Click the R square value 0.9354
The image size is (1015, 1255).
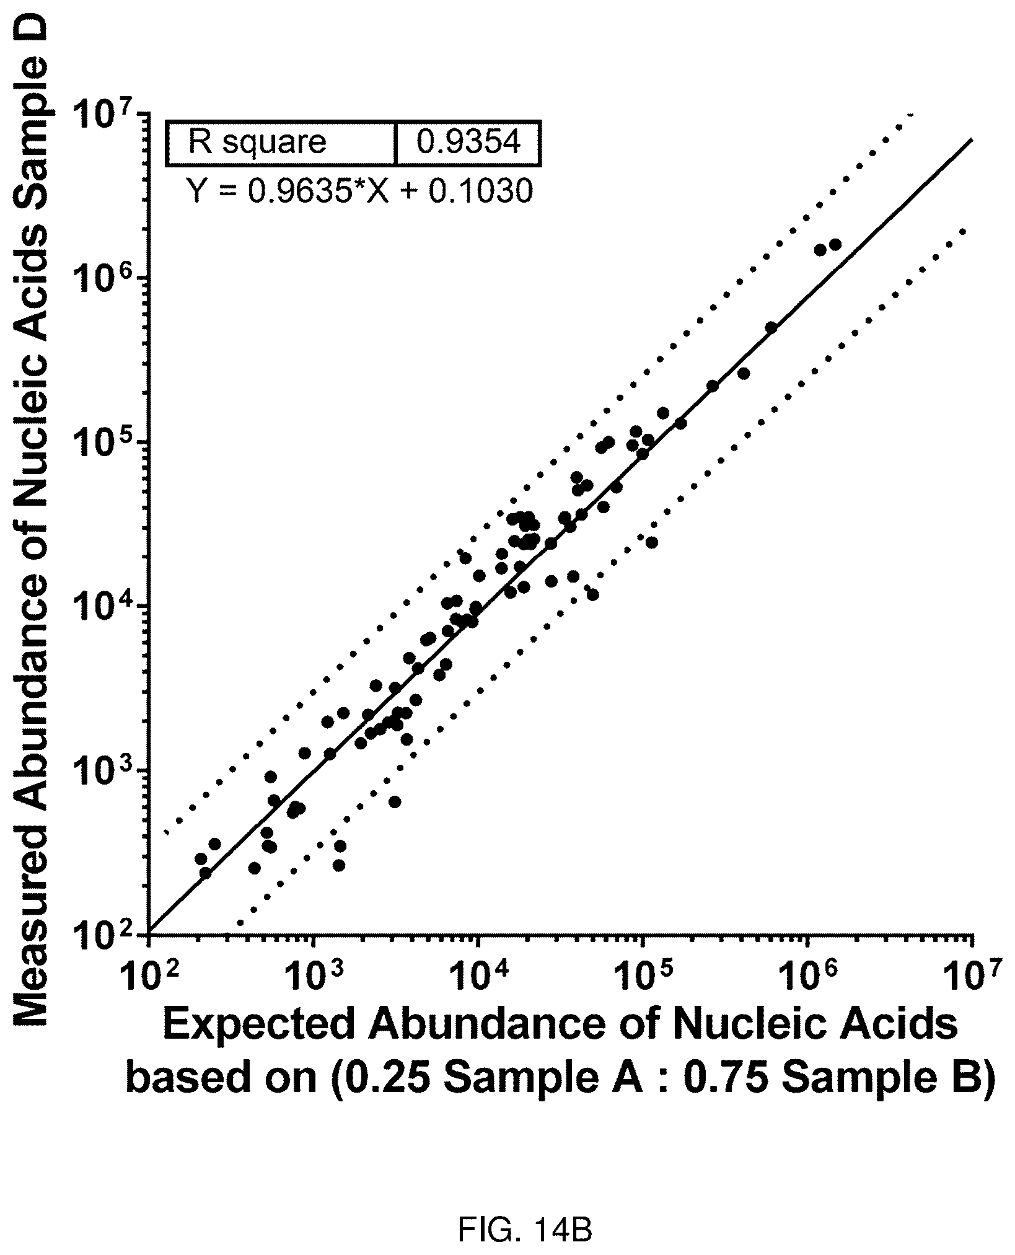[x=468, y=143]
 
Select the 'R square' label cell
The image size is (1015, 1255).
[x=281, y=144]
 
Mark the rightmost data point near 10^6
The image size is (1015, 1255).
[x=835, y=245]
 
